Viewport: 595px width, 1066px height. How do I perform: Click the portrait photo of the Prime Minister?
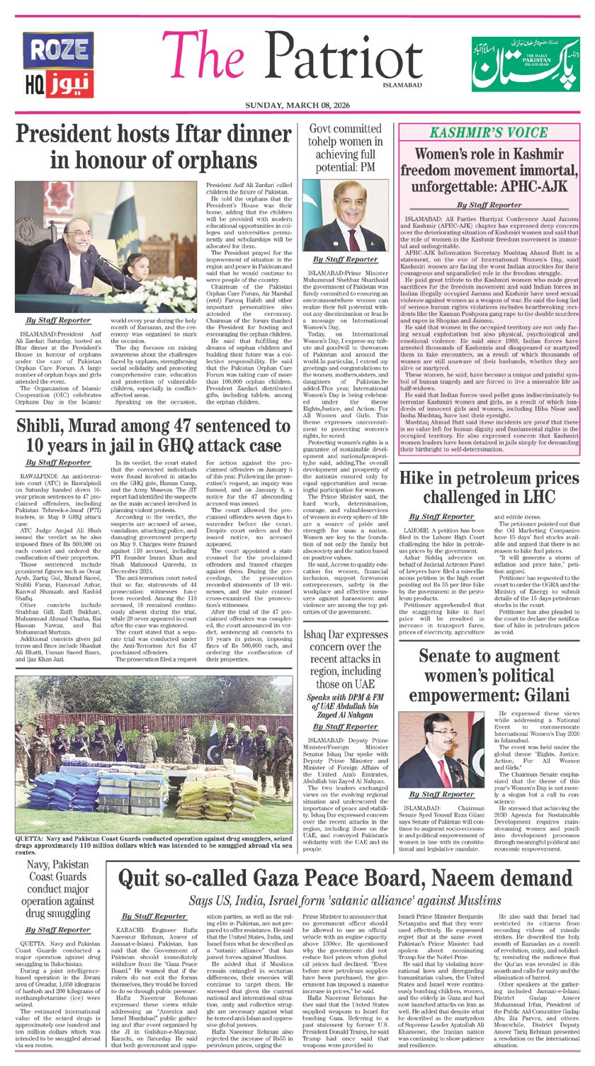[345, 215]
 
